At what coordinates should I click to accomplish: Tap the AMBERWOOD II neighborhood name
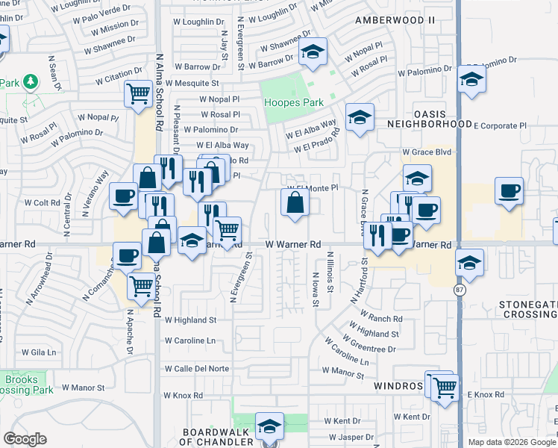[x=395, y=19]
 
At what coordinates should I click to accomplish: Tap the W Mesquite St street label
[x=192, y=84]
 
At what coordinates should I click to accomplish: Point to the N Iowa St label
[x=316, y=290]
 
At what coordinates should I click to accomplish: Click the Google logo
[x=25, y=439]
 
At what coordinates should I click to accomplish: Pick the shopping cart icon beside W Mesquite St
[x=139, y=95]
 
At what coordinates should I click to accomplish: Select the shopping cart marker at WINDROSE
[x=445, y=388]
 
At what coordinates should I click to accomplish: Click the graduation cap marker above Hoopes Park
[x=313, y=52]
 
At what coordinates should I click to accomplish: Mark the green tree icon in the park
[x=31, y=81]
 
